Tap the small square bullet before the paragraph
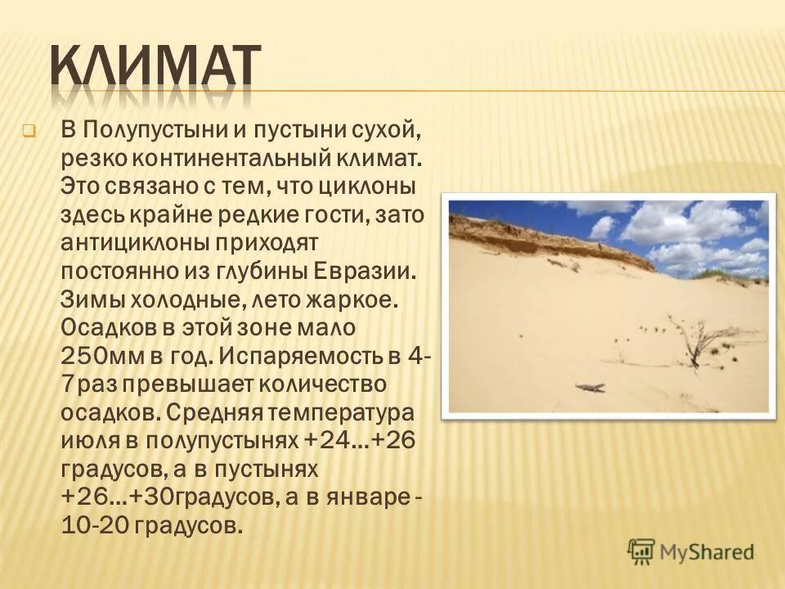coord(29,130)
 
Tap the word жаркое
coord(357,299)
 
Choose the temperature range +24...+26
coord(360,442)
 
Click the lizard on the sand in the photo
coord(590,386)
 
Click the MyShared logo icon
coord(642,551)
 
